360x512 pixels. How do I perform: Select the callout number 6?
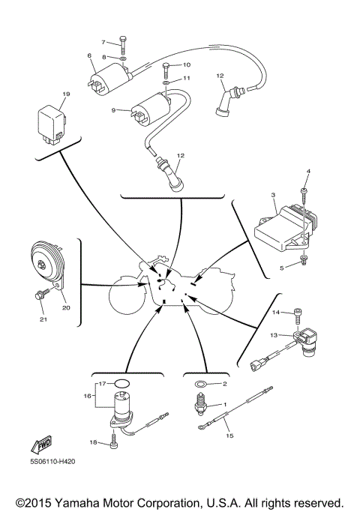89,56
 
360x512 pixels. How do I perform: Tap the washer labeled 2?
201,385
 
